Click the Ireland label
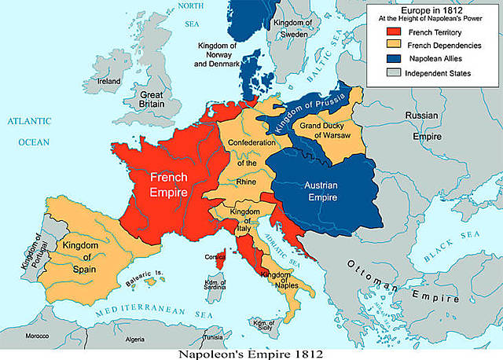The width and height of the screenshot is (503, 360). [x=108, y=81]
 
